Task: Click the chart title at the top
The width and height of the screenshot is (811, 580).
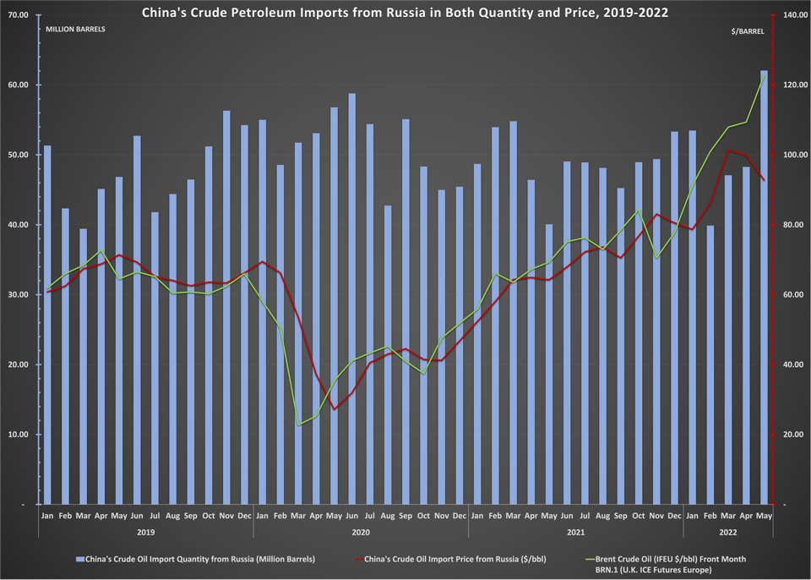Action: click(x=405, y=13)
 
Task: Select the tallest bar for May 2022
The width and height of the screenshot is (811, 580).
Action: click(x=764, y=287)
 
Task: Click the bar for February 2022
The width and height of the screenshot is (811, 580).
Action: click(x=710, y=364)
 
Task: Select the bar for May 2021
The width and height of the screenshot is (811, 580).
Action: click(x=548, y=364)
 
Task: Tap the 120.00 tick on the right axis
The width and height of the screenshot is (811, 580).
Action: click(x=794, y=85)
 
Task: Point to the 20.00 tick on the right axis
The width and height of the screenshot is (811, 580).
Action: click(x=792, y=435)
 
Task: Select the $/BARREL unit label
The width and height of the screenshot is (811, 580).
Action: click(x=748, y=30)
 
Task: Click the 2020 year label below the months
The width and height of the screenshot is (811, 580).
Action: click(x=361, y=533)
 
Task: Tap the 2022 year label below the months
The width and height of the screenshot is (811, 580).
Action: click(x=727, y=533)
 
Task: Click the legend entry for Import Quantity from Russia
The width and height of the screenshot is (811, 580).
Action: click(x=195, y=559)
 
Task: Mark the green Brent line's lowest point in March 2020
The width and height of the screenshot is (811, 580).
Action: click(x=298, y=425)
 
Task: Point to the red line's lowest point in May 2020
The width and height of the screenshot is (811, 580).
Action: click(x=334, y=409)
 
